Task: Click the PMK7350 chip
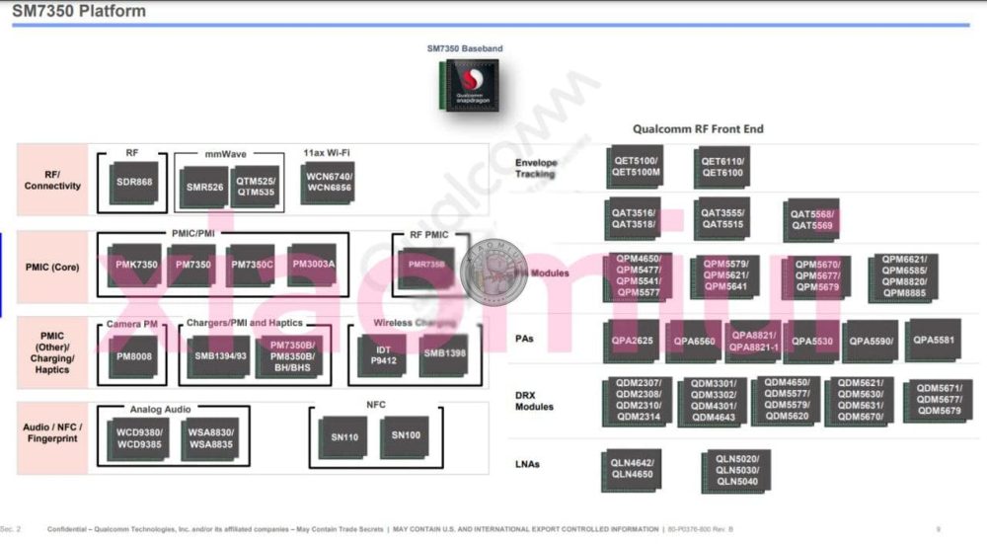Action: click(136, 265)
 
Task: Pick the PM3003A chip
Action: click(314, 264)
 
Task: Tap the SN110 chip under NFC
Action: click(343, 434)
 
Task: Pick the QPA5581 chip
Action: click(933, 340)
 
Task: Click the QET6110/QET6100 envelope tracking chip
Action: click(723, 167)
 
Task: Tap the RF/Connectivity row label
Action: click(53, 180)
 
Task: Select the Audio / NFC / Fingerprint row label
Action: click(53, 432)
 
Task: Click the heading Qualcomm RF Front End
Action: click(698, 129)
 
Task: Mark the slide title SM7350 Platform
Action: click(79, 12)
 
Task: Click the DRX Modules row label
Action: click(535, 400)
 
